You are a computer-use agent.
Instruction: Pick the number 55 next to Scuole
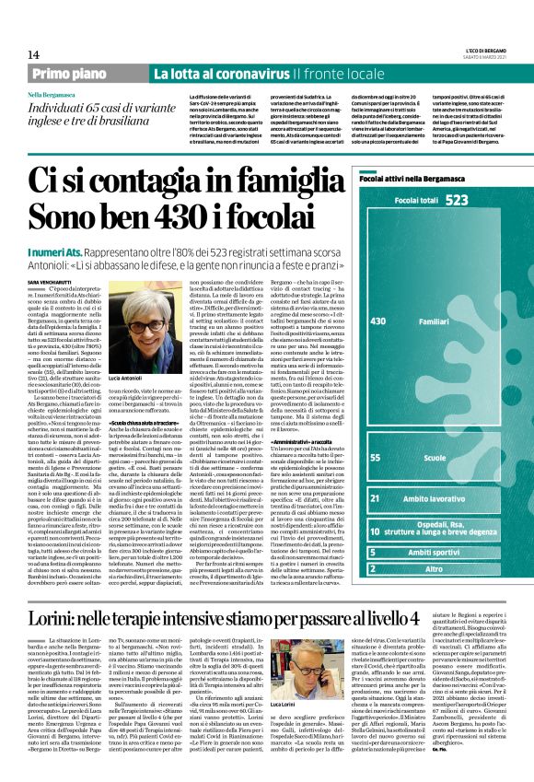point(375,457)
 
